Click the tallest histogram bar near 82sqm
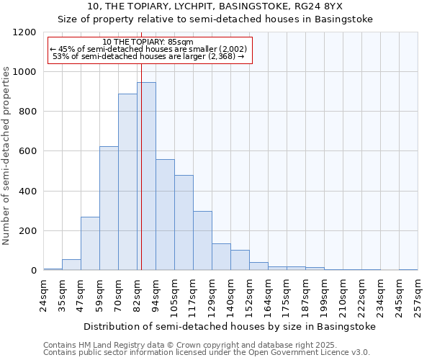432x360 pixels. point(146,176)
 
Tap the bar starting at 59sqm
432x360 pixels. point(109,208)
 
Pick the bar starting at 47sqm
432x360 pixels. point(90,243)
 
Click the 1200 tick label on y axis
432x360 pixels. point(24,32)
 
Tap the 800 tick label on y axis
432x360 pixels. point(27,112)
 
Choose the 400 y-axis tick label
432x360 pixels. point(27,192)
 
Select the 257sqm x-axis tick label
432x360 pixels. point(418,295)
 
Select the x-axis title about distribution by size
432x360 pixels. point(230,326)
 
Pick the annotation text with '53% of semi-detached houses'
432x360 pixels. point(149,56)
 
